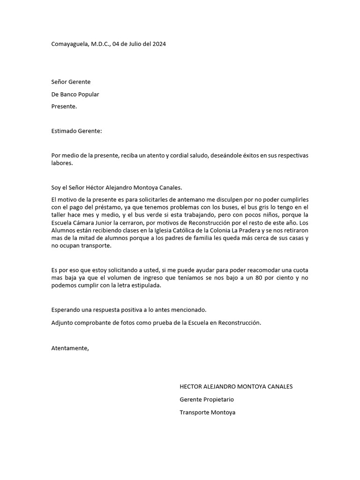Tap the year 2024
pos(158,44)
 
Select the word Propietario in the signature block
pos(218,400)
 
